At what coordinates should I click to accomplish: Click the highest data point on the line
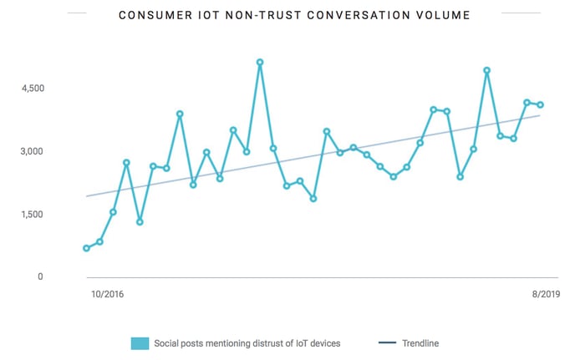coord(260,62)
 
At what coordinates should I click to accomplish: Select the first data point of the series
coord(86,248)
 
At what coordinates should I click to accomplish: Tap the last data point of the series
coord(541,104)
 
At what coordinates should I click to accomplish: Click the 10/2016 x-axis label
coord(106,294)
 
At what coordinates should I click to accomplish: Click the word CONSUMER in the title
coord(150,15)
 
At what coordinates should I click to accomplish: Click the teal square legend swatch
coord(140,343)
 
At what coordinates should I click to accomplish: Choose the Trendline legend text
coord(420,343)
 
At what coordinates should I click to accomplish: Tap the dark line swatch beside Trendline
coord(387,343)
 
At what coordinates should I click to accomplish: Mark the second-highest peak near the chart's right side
coord(487,70)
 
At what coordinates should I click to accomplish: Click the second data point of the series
coord(99,241)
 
